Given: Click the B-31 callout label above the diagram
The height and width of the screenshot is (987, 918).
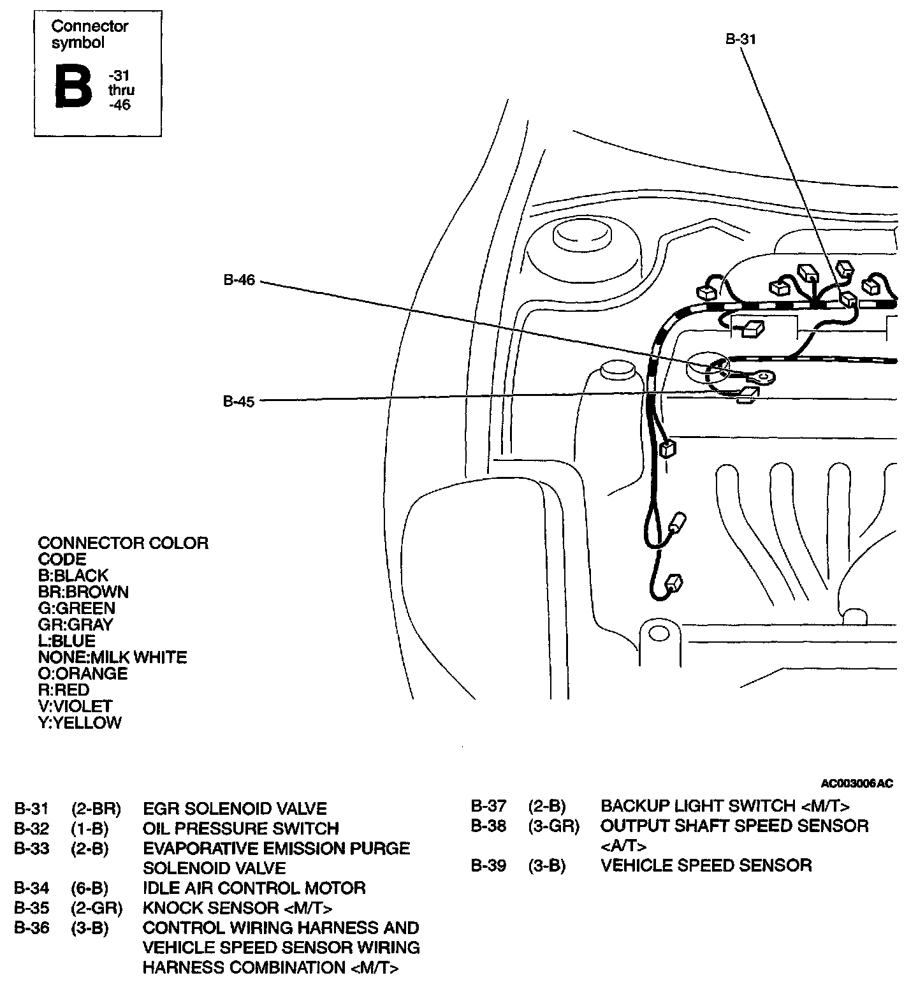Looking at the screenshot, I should click(740, 39).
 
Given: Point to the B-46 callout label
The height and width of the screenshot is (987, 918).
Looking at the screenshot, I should click(239, 280).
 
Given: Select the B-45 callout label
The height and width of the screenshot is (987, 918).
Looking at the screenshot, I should click(239, 402).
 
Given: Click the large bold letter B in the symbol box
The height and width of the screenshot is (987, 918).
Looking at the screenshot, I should click(73, 86).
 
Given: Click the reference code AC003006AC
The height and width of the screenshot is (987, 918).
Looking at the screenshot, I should click(857, 783).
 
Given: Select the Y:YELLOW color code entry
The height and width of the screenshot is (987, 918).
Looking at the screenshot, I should click(80, 722).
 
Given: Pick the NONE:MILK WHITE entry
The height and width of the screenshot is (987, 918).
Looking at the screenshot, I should click(112, 657).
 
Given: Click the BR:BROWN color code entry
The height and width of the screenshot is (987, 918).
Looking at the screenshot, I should click(84, 592).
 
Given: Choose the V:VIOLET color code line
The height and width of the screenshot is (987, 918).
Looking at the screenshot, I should click(75, 706).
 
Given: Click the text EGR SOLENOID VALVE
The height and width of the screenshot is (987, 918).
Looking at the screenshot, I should click(235, 809).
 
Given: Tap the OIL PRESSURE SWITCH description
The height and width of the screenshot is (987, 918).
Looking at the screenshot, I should click(241, 829).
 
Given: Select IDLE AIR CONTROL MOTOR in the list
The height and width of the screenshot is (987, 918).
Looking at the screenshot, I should click(254, 888).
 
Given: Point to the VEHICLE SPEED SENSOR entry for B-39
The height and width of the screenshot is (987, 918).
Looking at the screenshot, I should click(706, 865).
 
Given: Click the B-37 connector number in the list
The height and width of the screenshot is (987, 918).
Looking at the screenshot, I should click(488, 806).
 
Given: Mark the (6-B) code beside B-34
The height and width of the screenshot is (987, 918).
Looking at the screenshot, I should click(90, 888).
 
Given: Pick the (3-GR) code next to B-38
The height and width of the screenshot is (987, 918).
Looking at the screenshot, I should click(554, 826).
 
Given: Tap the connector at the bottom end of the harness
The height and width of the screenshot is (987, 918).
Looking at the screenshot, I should click(674, 582).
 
